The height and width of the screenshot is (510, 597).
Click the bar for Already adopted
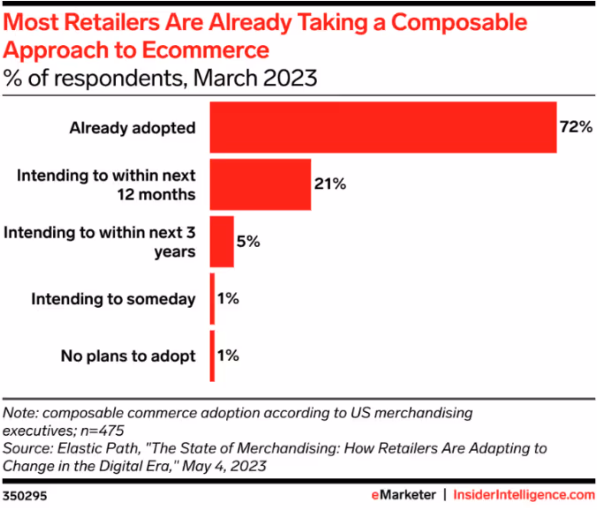click(x=382, y=127)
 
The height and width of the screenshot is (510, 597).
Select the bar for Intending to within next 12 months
click(x=261, y=184)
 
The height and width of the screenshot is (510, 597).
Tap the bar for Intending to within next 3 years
click(x=222, y=242)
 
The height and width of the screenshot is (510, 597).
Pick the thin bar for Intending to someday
click(x=212, y=299)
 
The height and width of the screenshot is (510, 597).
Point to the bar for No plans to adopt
click(x=212, y=356)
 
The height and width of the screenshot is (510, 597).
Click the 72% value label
click(x=575, y=127)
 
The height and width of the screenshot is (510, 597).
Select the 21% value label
click(x=329, y=184)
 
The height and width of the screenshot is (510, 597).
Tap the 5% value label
click(x=248, y=242)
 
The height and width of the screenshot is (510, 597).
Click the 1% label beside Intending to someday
click(x=227, y=299)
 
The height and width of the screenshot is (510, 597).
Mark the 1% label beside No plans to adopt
click(x=227, y=356)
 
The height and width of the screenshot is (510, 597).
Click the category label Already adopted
click(x=132, y=128)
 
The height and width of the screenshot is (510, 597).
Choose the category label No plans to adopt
click(x=128, y=357)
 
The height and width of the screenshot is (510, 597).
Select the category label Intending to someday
click(x=113, y=300)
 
